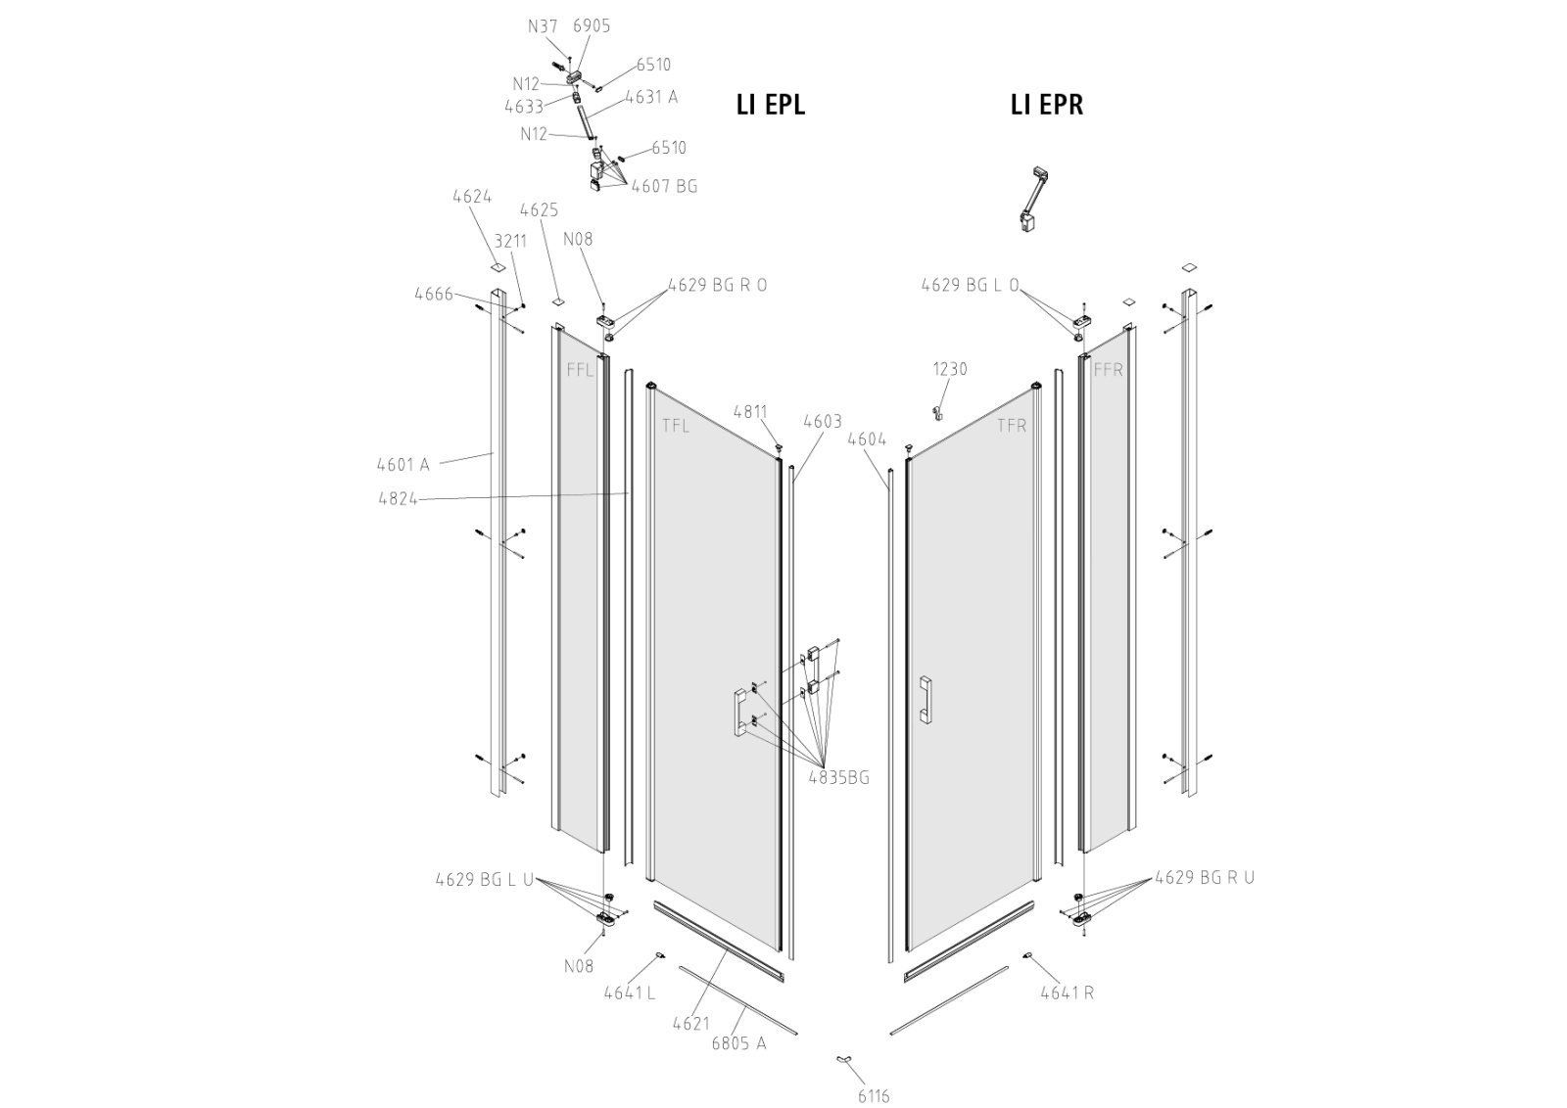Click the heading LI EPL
pyautogui.click(x=770, y=105)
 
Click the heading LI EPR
pyautogui.click(x=1046, y=105)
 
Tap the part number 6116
pyautogui.click(x=874, y=1095)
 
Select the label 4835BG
pyautogui.click(x=838, y=778)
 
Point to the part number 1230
pyautogui.click(x=949, y=369)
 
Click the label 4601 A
pyautogui.click(x=403, y=464)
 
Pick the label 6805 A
pyautogui.click(x=738, y=1042)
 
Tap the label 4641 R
pyautogui.click(x=1067, y=993)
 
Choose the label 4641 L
pyautogui.click(x=629, y=993)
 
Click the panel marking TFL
pyautogui.click(x=675, y=426)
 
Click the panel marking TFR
pyautogui.click(x=1012, y=426)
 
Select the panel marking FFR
pyautogui.click(x=1108, y=370)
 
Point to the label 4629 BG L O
pyautogui.click(x=970, y=285)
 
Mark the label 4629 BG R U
pyautogui.click(x=1204, y=877)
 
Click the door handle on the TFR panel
pyautogui.click(x=925, y=699)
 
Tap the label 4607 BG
pyautogui.click(x=664, y=186)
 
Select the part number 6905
pyautogui.click(x=592, y=26)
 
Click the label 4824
pyautogui.click(x=398, y=498)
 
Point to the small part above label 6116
pyautogui.click(x=843, y=1059)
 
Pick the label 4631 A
pyautogui.click(x=651, y=97)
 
